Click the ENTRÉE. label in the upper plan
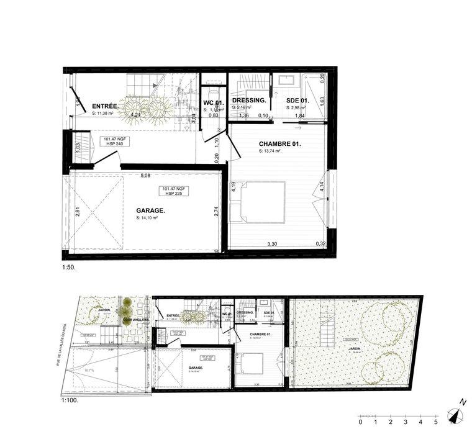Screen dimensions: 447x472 [x=105, y=106]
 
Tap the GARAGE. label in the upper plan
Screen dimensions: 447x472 [x=151, y=210]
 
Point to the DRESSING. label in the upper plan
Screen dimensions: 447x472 [x=249, y=100]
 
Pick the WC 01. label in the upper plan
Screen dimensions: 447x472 [x=213, y=102]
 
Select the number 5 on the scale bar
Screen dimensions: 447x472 [x=436, y=422]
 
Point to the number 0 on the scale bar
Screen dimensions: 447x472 [x=360, y=422]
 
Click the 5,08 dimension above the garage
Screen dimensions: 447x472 [x=145, y=176]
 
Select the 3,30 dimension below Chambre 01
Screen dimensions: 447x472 [x=272, y=243]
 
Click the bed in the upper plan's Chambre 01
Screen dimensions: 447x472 [x=258, y=201]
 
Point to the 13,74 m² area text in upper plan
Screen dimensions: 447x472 [x=270, y=151]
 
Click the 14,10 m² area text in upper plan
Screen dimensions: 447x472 [x=147, y=218]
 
